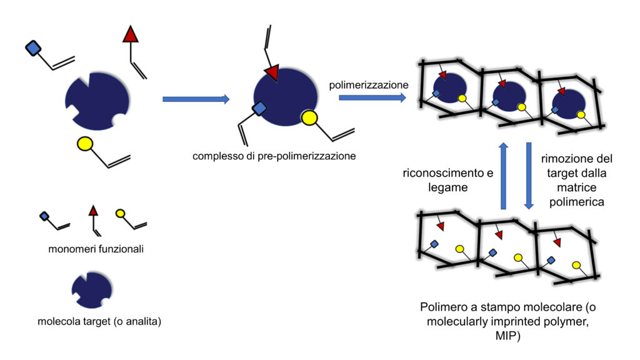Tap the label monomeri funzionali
(96, 249)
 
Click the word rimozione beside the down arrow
(566, 159)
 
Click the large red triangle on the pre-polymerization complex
(271, 73)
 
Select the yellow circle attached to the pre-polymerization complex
(310, 117)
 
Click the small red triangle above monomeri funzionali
(93, 211)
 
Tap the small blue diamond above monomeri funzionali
(44, 216)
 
